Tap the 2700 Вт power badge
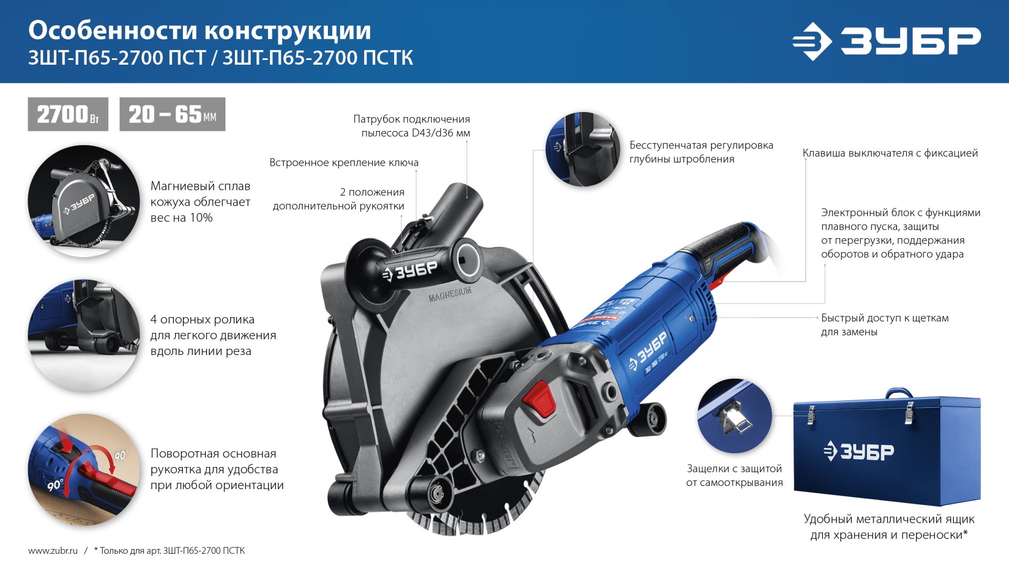pyautogui.click(x=68, y=114)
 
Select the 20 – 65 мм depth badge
pyautogui.click(x=172, y=114)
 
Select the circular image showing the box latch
pyautogui.click(x=734, y=415)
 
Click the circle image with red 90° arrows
pyautogui.click(x=84, y=469)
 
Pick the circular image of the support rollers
pyautogui.click(x=84, y=335)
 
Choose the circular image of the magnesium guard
pyautogui.click(x=84, y=201)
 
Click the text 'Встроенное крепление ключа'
pyautogui.click(x=344, y=163)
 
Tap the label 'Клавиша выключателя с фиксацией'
pyautogui.click(x=890, y=153)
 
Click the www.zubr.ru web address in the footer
pyautogui.click(x=53, y=551)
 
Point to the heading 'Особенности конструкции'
pyautogui.click(x=200, y=31)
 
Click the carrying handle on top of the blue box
pyautogui.click(x=898, y=392)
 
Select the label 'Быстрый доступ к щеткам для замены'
pyautogui.click(x=884, y=324)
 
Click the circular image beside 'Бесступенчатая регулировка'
pyautogui.click(x=583, y=149)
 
